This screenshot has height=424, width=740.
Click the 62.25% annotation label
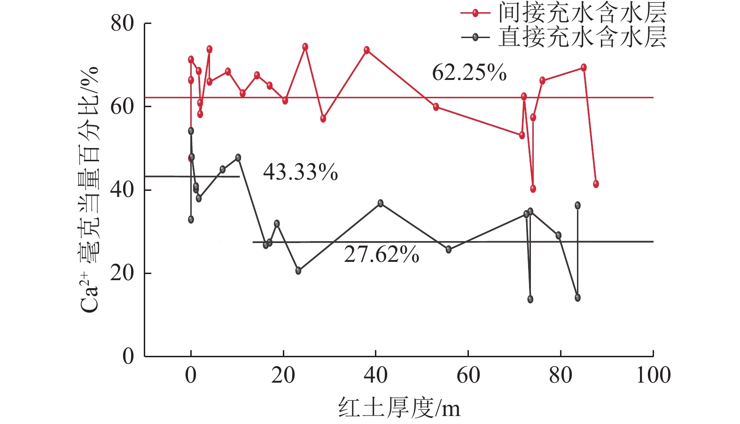pyautogui.click(x=469, y=73)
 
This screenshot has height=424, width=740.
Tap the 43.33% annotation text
pyautogui.click(x=300, y=173)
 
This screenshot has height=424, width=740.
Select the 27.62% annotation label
pyautogui.click(x=382, y=255)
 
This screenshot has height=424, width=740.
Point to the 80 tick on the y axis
pyautogui.click(x=122, y=24)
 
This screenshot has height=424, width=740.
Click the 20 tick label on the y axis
pyautogui.click(x=122, y=273)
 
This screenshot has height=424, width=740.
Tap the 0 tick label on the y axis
pyautogui.click(x=128, y=356)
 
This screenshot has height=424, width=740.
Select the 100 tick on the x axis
pyautogui.click(x=653, y=375)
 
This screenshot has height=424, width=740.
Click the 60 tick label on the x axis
pyautogui.click(x=468, y=375)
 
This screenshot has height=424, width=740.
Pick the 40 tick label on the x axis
pyautogui.click(x=376, y=375)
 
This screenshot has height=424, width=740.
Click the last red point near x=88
pyautogui.click(x=596, y=184)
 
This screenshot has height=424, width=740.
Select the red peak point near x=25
pyautogui.click(x=305, y=47)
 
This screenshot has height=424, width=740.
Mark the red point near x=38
pyautogui.click(x=366, y=50)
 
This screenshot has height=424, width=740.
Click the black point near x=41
pyautogui.click(x=381, y=203)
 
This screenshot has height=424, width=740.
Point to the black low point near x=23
pyautogui.click(x=298, y=270)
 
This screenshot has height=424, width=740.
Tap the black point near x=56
pyautogui.click(x=449, y=249)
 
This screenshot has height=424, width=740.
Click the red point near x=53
pyautogui.click(x=436, y=107)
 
